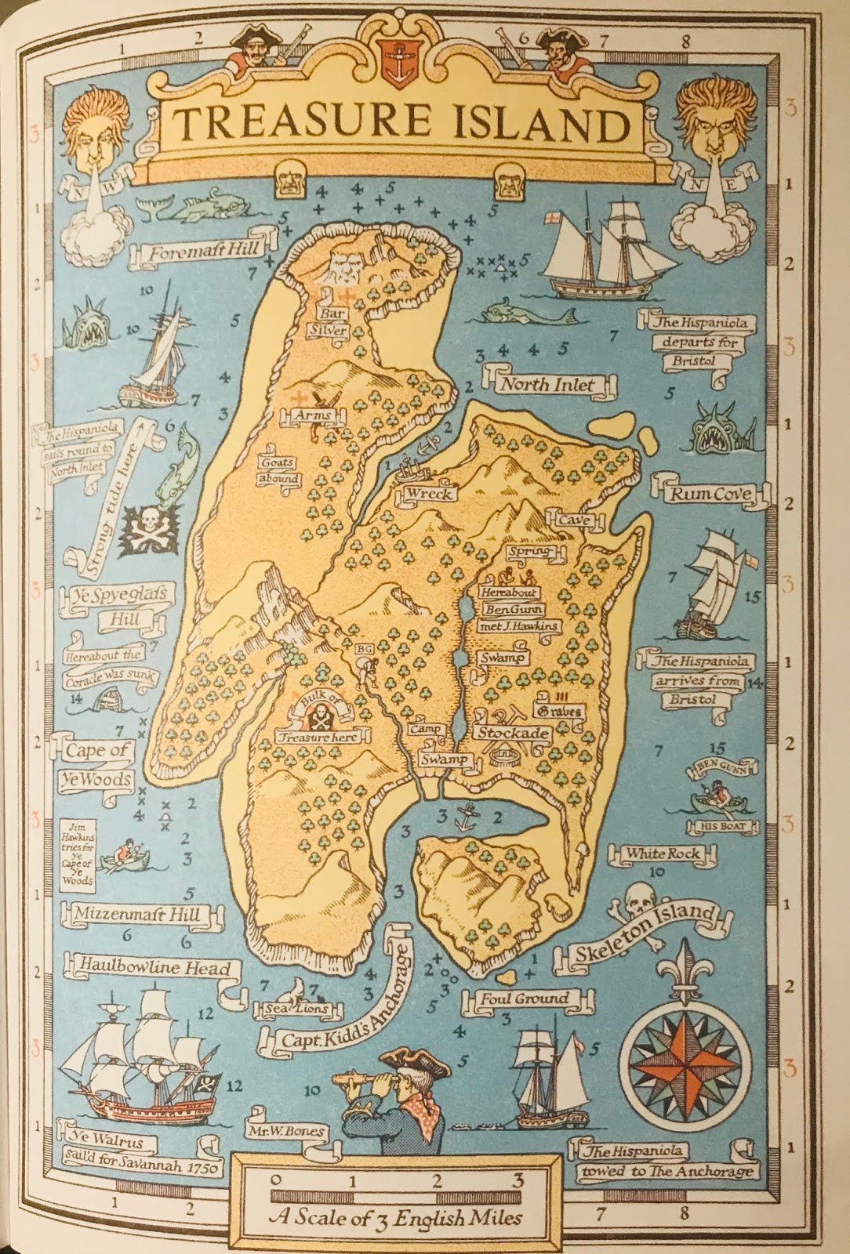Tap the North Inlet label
click(547, 385)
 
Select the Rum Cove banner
click(710, 494)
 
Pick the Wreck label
click(428, 494)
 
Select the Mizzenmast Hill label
click(138, 914)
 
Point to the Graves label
click(558, 712)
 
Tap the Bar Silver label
click(329, 321)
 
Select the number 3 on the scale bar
click(518, 1180)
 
